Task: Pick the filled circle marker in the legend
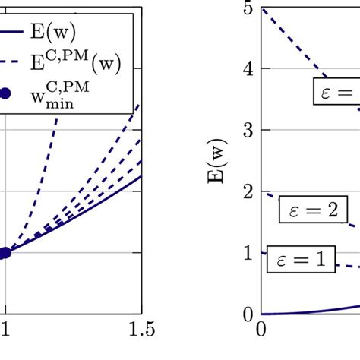[x=5, y=93]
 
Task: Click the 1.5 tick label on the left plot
[x=141, y=329]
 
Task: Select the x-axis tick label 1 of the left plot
[x=5, y=329]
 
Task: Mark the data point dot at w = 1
[x=4, y=253]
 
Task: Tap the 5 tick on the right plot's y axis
[x=247, y=8]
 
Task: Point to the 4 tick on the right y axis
[x=247, y=69]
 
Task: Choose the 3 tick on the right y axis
[x=247, y=131]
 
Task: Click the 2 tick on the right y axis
[x=247, y=192]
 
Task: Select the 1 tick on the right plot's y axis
[x=247, y=253]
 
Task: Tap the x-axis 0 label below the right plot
[x=261, y=329]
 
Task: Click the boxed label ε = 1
[x=301, y=261]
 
